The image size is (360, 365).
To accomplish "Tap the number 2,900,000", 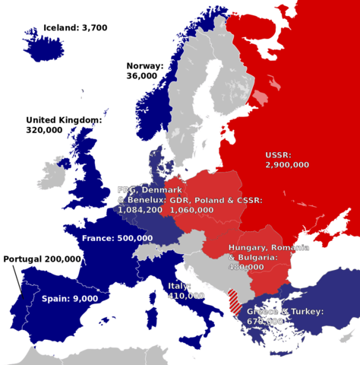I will tap(287, 163).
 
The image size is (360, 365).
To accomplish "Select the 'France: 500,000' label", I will tap(117, 238).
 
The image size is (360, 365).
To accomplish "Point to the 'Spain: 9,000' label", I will tap(70, 299).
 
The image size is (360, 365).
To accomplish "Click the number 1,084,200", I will tap(140, 209).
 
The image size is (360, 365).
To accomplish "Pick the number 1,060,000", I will tap(191, 209).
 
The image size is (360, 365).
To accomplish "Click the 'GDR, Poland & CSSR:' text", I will tap(216, 200).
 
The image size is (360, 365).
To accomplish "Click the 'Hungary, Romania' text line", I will tap(269, 249).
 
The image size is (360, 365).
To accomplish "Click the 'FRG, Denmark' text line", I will tap(149, 189).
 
